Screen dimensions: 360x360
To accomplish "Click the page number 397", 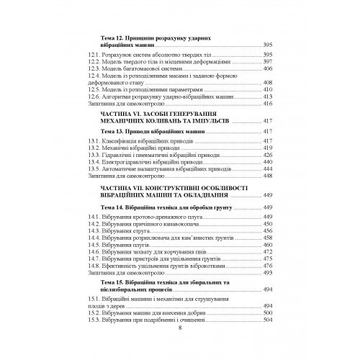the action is tap(268, 63).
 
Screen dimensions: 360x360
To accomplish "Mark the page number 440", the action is tap(268, 168).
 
